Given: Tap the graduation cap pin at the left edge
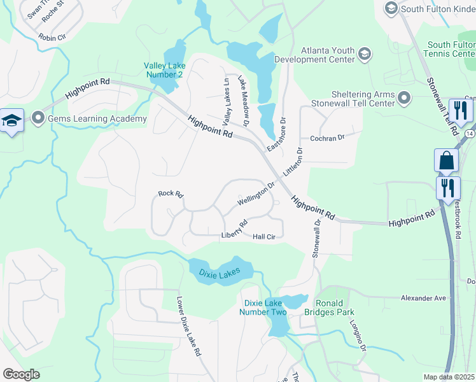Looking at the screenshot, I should coord(11,121).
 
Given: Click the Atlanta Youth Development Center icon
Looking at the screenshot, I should coord(365,54).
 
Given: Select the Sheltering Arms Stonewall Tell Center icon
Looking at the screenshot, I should coord(403,97).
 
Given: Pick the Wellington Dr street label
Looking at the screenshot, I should coord(255,194).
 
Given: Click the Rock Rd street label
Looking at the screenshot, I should coord(171,193).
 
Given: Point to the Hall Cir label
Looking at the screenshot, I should coord(264,237).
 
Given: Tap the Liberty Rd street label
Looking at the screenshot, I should coord(234,230).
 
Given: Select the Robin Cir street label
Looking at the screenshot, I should coord(51,38).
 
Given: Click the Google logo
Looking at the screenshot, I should coord(21,374).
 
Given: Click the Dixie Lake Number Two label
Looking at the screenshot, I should coord(265,306).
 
